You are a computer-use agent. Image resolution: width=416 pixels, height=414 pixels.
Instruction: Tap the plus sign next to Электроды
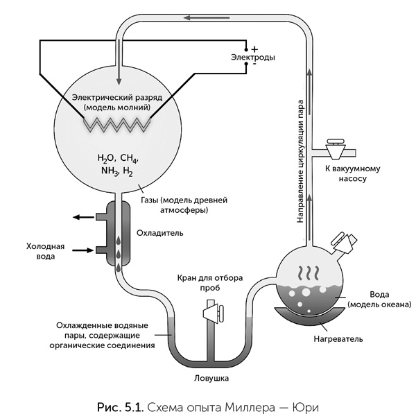254,49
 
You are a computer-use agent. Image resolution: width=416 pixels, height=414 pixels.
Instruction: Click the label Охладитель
160,234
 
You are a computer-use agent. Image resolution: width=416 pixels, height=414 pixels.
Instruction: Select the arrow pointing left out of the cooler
85,218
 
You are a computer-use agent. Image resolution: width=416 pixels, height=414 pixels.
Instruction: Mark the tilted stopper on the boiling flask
344,243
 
